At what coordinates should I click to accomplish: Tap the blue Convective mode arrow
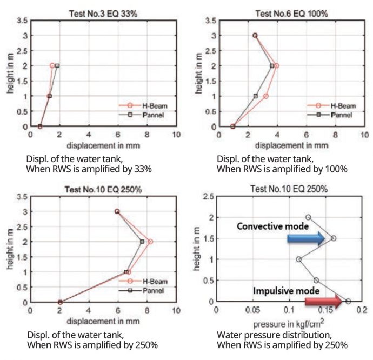coord(305,238)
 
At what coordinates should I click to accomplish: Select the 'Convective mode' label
coord(273,226)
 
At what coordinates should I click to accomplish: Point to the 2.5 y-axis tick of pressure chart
coord(208,197)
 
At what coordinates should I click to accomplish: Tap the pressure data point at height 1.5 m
coord(334,238)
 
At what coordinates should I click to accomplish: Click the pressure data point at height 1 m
coord(298,259)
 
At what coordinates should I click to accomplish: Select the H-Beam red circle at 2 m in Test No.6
coord(277,66)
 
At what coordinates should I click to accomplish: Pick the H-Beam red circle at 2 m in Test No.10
coord(150,242)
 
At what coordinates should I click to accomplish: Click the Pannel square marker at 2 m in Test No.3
coord(57,66)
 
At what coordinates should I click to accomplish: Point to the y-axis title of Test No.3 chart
coord(11,73)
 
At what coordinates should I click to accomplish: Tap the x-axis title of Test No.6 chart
coord(291,145)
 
